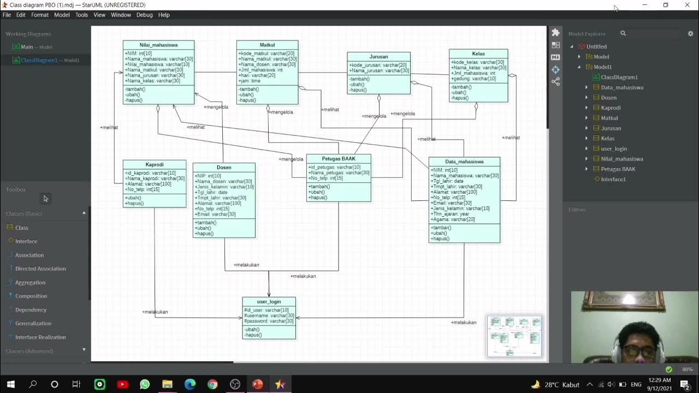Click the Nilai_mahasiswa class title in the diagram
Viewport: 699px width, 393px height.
[x=158, y=45]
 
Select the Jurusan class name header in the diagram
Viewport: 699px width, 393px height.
[x=378, y=56]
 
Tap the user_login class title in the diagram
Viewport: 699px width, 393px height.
[x=269, y=301]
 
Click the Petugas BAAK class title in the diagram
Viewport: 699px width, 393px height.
[x=339, y=159]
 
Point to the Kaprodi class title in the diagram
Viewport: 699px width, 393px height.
[x=155, y=164]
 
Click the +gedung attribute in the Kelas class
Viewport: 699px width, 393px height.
[x=473, y=79]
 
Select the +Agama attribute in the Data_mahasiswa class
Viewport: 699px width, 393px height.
[x=453, y=219]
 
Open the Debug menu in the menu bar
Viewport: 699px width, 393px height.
[x=144, y=15]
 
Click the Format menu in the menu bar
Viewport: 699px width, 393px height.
[x=40, y=15]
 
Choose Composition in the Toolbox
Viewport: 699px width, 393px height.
[x=31, y=296]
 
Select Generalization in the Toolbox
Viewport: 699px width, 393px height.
[x=33, y=323]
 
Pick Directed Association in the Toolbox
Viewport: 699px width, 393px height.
[x=40, y=269]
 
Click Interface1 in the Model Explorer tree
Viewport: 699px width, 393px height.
[x=613, y=179]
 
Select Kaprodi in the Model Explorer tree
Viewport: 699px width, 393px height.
[x=611, y=108]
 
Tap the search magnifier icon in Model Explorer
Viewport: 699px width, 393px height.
[x=623, y=33]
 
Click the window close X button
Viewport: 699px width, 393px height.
[x=687, y=5]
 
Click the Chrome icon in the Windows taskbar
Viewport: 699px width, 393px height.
[x=212, y=384]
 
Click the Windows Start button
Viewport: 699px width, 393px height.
[x=10, y=384]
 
